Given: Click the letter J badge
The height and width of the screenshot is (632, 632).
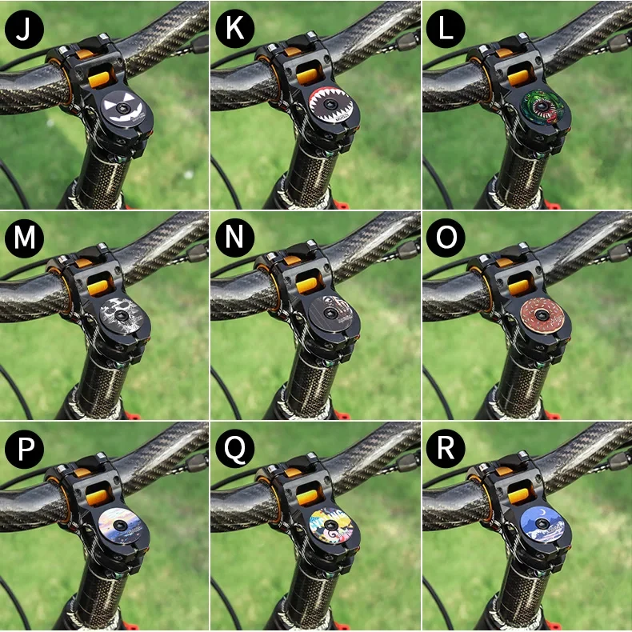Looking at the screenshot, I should pyautogui.click(x=24, y=29).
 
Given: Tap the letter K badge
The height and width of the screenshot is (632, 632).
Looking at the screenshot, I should pyautogui.click(x=235, y=29).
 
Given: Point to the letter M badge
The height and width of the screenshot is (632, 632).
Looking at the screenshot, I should pyautogui.click(x=24, y=239).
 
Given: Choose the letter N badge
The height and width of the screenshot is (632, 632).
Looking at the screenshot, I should pyautogui.click(x=235, y=239).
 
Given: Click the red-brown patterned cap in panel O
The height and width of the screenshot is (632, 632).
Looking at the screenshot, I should pyautogui.click(x=544, y=318).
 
